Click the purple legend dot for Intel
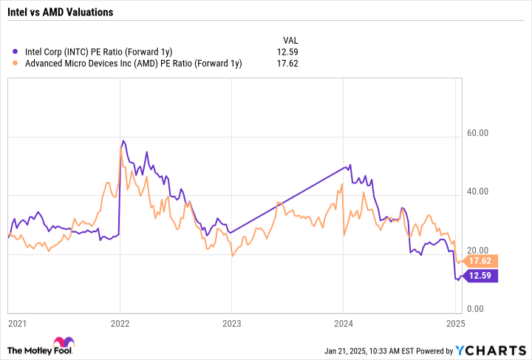(16, 51)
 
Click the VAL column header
(292, 39)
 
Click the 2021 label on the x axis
(17, 323)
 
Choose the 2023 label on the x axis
(231, 323)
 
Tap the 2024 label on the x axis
(343, 323)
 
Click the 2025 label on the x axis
(454, 323)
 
